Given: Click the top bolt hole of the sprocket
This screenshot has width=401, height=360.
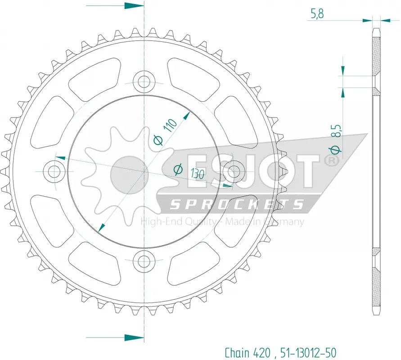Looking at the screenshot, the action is pyautogui.click(x=144, y=82).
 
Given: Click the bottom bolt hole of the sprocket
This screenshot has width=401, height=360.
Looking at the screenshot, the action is pyautogui.click(x=144, y=261).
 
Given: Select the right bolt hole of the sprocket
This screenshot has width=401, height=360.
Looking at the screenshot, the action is pyautogui.click(x=234, y=171).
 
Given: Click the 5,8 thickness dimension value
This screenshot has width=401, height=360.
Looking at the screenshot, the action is pyautogui.click(x=317, y=13).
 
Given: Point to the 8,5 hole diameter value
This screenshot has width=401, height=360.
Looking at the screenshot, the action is pyautogui.click(x=337, y=131).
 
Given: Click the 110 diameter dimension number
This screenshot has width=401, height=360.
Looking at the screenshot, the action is pyautogui.click(x=170, y=125).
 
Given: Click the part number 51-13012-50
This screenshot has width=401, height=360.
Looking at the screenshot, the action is pyautogui.click(x=308, y=353).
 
